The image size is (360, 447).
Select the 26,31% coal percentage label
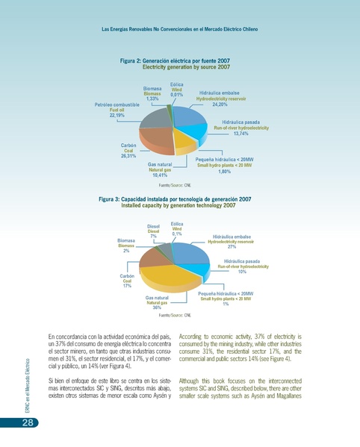[x=127, y=156]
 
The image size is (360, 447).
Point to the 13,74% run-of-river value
[x=240, y=134]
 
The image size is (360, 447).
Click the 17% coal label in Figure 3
[x=127, y=285]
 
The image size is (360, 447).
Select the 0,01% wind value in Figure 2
[x=177, y=95]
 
